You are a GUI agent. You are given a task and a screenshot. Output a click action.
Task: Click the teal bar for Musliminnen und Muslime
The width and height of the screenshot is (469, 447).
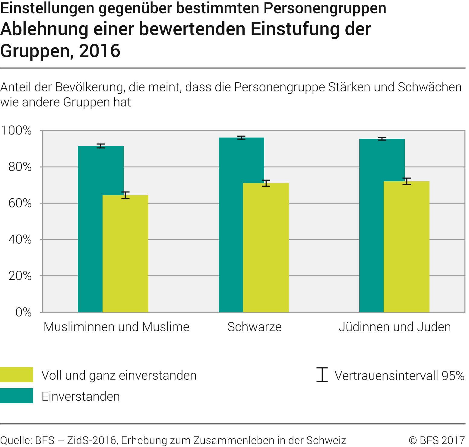coord(90,229)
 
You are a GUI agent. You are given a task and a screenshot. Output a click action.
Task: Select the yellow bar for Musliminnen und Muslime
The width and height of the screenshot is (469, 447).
coord(125,253)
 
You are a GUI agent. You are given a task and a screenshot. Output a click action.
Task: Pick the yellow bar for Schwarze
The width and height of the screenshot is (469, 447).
coord(266,247)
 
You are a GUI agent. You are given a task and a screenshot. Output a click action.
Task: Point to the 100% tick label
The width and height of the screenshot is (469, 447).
coord(17,131)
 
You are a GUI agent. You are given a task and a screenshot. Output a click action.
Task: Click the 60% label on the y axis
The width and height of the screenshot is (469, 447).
coord(20,203)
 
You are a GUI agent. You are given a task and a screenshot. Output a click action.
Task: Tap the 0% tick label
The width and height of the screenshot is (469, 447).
coord(24,312)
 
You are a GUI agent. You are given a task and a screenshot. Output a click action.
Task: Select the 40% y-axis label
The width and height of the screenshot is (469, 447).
coord(20,239)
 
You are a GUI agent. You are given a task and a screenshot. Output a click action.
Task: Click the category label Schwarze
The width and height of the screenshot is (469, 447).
coord(254,327)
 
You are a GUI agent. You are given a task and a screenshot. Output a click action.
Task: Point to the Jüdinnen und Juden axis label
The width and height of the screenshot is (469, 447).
coord(395,327)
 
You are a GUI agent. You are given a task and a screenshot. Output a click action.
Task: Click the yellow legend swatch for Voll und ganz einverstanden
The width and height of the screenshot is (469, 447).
coord(16,375)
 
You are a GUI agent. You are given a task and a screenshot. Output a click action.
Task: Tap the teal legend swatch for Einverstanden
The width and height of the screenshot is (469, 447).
coord(16,396)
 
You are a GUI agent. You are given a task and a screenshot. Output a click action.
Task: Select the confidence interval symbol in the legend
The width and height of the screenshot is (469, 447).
coord(322,375)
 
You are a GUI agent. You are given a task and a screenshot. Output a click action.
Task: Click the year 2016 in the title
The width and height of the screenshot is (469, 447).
coord(100,51)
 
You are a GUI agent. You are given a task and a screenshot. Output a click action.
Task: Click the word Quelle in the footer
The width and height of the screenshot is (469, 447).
coord(15,440)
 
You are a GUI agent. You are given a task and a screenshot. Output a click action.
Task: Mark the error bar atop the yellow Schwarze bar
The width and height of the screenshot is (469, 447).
coord(266,183)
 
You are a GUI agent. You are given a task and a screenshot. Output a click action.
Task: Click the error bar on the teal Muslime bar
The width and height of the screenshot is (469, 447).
coord(101,146)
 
